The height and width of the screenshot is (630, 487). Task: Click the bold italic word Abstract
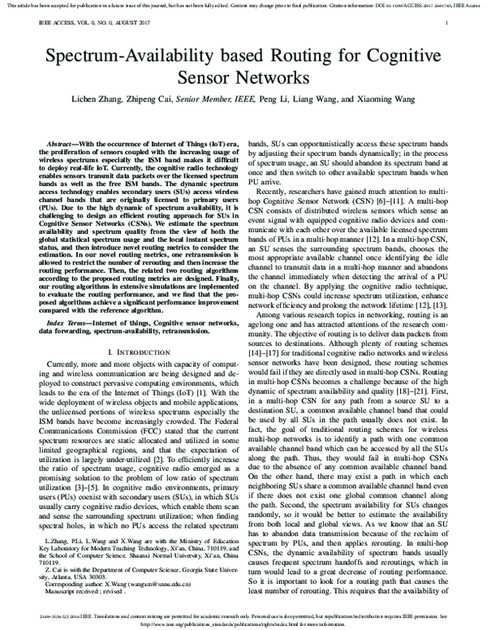click(66, 141)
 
